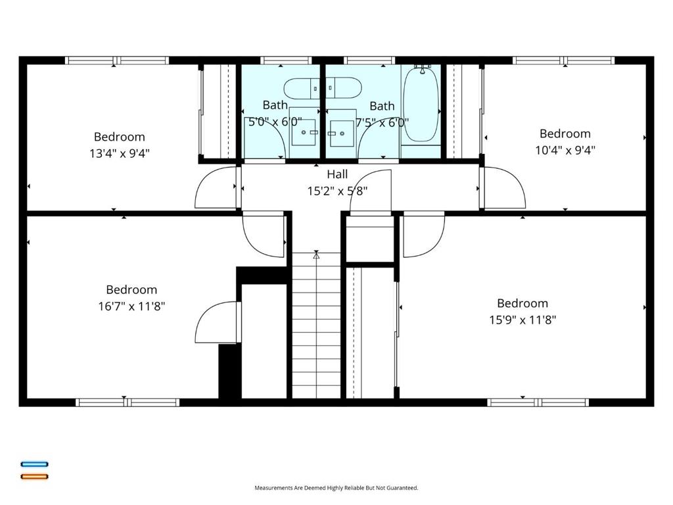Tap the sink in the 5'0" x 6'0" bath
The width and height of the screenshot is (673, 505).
pos(304,132)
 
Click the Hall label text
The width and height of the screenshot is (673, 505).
pos(337,174)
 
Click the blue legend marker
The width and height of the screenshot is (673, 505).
pos(34,464)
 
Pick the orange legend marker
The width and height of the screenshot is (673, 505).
pos(34,476)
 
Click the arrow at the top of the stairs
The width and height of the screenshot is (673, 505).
pos(316,255)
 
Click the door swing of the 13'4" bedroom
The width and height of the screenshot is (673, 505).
pos(215,188)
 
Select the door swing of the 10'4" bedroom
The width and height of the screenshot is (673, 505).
pos(505,188)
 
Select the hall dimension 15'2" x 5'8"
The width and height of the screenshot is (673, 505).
pos(337,191)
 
